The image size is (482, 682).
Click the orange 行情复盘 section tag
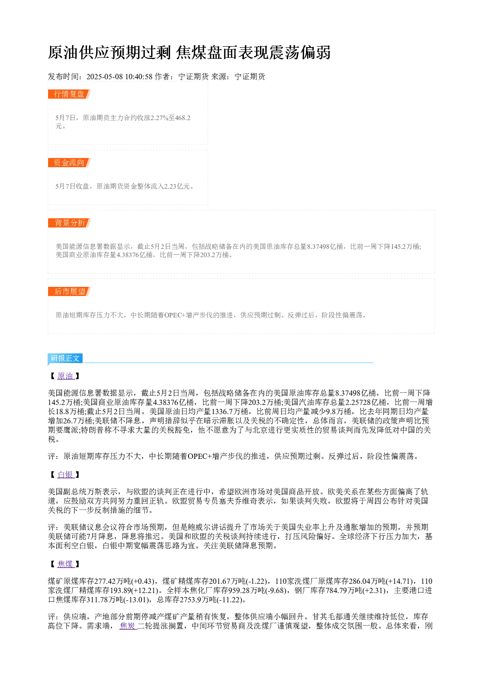coord(69,94)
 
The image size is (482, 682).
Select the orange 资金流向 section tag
coord(69,162)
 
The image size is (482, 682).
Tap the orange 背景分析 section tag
coord(69,223)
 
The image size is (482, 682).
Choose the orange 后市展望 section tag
coord(69,291)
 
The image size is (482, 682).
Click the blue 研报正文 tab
coord(65,358)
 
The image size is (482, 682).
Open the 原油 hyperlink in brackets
coord(66,376)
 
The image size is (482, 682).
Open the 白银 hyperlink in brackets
coord(66,474)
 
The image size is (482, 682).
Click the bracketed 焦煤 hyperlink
coord(66,564)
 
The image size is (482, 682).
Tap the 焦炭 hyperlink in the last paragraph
coord(128,626)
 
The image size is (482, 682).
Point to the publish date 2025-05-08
coord(104,76)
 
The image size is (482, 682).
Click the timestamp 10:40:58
coord(139,76)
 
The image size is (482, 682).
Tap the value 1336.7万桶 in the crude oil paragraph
coord(230,412)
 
